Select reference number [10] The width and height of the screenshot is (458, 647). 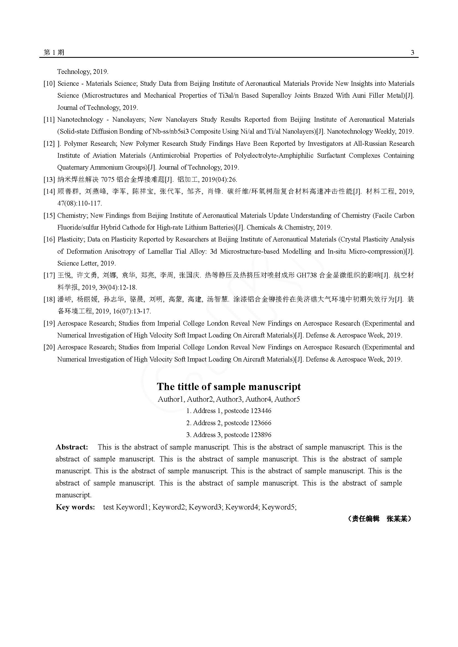[x=49, y=84]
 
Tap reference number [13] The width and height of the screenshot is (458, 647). [x=49, y=179]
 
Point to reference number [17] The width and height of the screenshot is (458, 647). [x=49, y=275]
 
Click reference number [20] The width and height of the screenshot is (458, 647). [x=49, y=347]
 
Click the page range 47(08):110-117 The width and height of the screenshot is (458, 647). [x=79, y=203]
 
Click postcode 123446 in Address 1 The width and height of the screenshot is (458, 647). [x=261, y=411]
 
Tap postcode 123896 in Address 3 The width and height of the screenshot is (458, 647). [x=261, y=435]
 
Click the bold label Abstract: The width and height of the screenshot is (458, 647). [x=72, y=447]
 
